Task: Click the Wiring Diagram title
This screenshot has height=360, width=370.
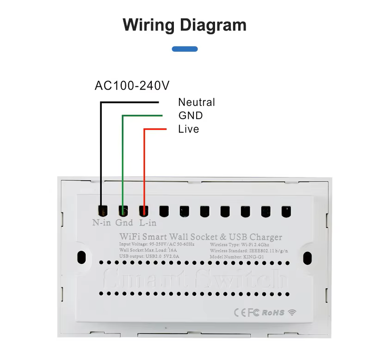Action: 185,24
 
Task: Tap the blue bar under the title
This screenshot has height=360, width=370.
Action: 185,49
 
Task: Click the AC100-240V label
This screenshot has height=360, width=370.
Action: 132,85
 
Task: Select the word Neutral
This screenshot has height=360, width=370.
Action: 197,103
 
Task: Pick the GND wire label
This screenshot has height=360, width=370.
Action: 191,116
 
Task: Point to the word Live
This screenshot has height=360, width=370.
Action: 189,129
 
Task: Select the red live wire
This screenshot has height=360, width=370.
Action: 144,166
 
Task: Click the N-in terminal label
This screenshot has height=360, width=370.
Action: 101,222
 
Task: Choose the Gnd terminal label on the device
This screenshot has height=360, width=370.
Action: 124,222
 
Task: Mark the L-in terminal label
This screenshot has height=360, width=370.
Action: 148,222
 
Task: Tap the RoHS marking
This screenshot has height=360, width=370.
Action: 273,313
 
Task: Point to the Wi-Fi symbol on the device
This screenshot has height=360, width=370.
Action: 292,312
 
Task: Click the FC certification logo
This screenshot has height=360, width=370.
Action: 254,313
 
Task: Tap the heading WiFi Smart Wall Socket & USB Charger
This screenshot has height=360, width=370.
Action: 201,237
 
